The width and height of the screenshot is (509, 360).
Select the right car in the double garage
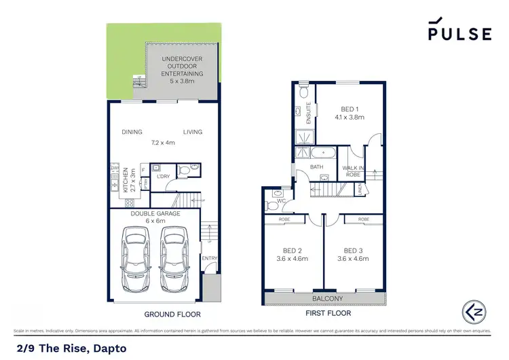174,261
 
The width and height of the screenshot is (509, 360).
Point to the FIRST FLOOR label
328,314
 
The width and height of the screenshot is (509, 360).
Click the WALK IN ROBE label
353,170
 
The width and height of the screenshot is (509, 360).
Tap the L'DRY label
163,177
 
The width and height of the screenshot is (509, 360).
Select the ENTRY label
209,258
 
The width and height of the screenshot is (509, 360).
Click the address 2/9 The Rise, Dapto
69,348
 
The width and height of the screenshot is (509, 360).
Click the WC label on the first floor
282,202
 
